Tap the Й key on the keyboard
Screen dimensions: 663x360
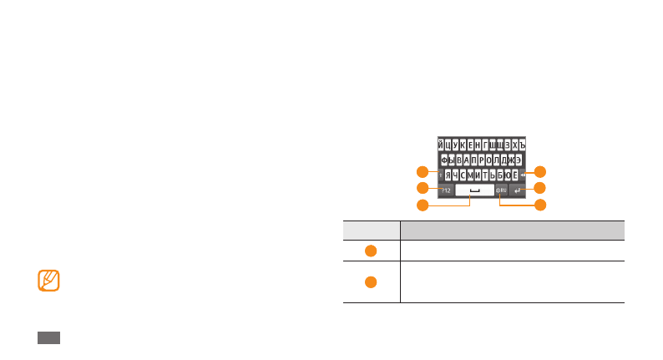tap(441, 145)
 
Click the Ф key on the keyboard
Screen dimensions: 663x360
tap(443, 160)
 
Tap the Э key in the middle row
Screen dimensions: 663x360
tap(519, 160)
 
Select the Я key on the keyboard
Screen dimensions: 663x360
tap(448, 175)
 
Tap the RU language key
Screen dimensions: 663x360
tap(501, 190)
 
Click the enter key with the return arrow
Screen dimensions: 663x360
tap(518, 190)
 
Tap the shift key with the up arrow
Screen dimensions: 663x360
tap(439, 175)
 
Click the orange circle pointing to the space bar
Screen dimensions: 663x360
tap(423, 205)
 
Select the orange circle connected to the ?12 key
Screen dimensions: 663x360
tap(423, 188)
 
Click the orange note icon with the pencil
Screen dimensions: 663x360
tap(49, 280)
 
